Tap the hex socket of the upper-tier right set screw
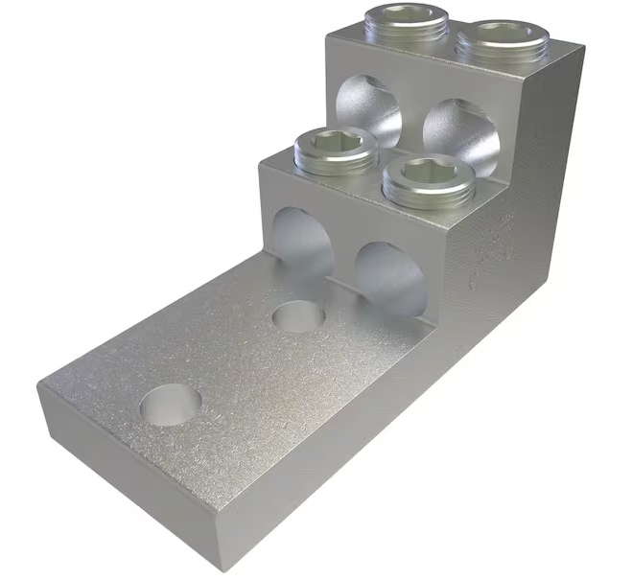pos(495,35)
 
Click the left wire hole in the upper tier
pos(369,110)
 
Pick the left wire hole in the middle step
pos(301,240)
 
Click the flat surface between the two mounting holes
pos(235,360)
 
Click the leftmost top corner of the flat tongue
pos(37,382)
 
